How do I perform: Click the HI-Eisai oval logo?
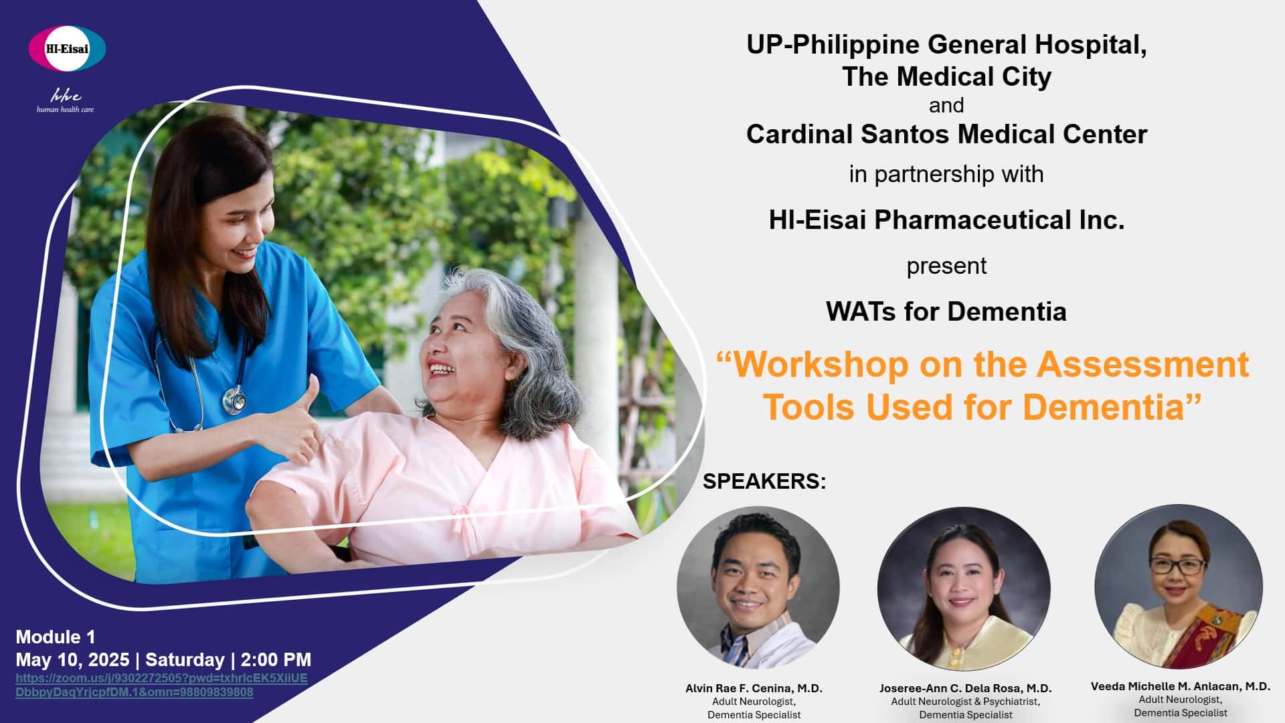(67, 48)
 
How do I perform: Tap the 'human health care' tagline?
(65, 109)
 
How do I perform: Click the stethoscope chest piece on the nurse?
(234, 400)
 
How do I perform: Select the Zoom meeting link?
(161, 685)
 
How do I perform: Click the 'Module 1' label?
(56, 637)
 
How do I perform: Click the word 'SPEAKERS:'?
(764, 481)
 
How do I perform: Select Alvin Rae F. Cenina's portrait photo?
(758, 588)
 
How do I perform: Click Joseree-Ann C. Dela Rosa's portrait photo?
(964, 589)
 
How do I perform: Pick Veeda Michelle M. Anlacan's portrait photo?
(1179, 586)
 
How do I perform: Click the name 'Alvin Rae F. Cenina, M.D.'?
(754, 688)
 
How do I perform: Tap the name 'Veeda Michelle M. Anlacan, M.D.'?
(1181, 686)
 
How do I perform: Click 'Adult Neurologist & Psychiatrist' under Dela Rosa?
(965, 702)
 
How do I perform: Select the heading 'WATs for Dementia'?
(946, 311)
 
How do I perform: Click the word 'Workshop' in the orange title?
(821, 365)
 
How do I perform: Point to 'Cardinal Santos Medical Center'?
(946, 134)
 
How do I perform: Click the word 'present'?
(946, 266)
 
